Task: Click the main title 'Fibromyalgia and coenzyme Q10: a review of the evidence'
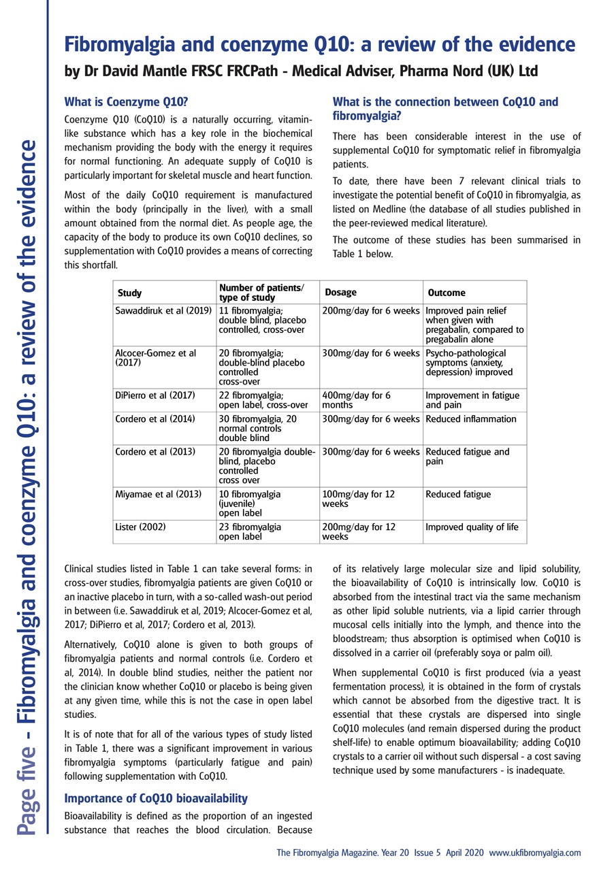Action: point(319,45)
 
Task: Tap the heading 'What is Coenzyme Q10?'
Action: point(125,102)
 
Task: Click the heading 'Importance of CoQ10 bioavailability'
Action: point(155,798)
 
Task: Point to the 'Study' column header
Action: point(130,293)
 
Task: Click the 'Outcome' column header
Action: point(447,293)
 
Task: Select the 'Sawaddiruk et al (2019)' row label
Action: point(160,310)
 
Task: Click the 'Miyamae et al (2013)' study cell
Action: point(159,493)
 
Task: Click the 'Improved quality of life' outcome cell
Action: point(472,527)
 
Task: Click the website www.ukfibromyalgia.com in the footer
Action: point(534,853)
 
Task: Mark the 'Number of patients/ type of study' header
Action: point(262,293)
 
